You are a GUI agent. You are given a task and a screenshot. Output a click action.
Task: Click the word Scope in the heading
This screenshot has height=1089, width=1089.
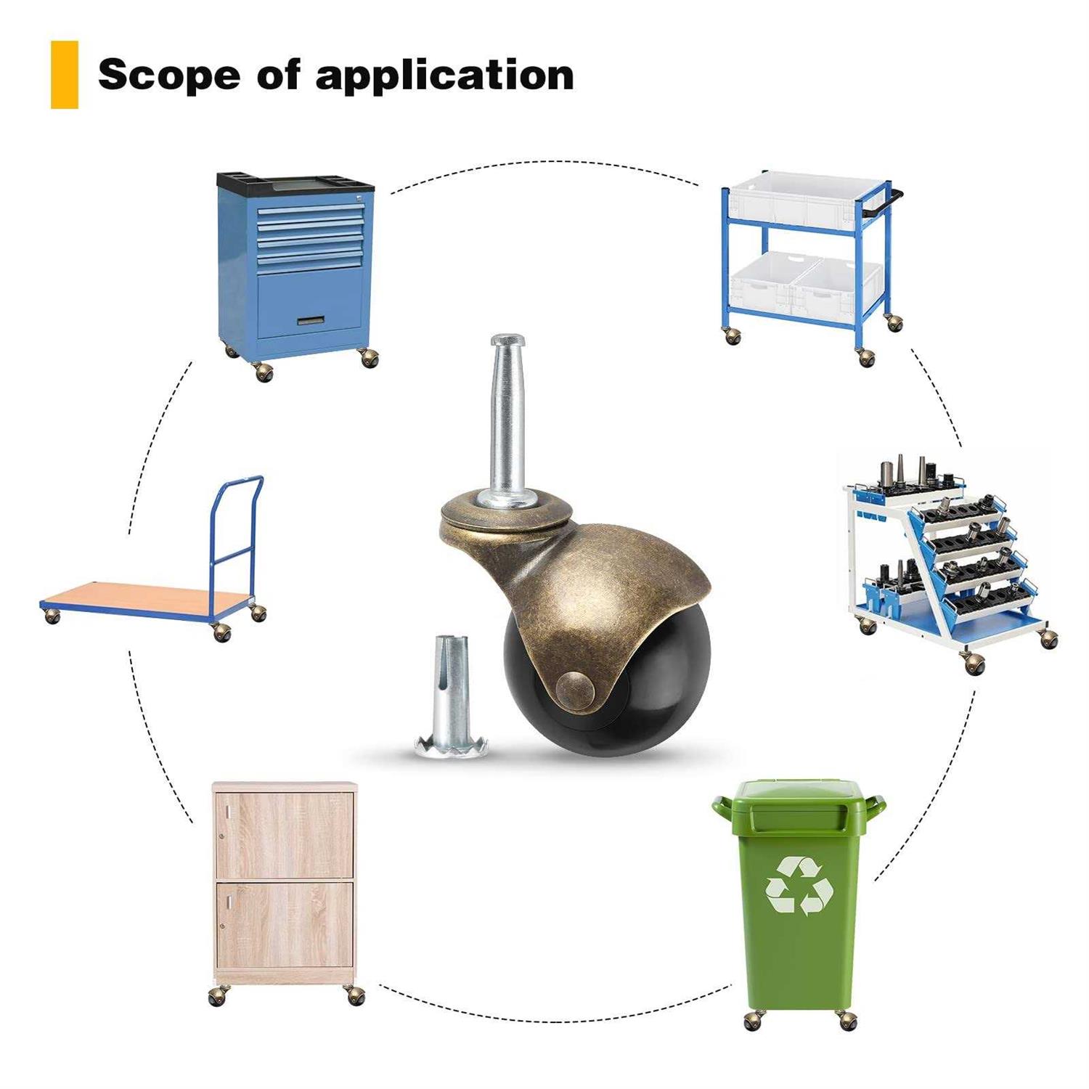pos(168,75)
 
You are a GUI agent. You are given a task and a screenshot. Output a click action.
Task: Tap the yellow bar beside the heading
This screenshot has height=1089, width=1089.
pos(64,75)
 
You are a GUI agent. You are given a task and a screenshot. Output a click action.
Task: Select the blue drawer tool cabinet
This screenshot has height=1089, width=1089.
pos(297,269)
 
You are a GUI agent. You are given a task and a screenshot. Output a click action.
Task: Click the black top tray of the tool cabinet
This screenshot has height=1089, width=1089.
pos(295,182)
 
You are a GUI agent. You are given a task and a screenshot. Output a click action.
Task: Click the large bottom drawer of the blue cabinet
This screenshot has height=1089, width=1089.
pos(310,305)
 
